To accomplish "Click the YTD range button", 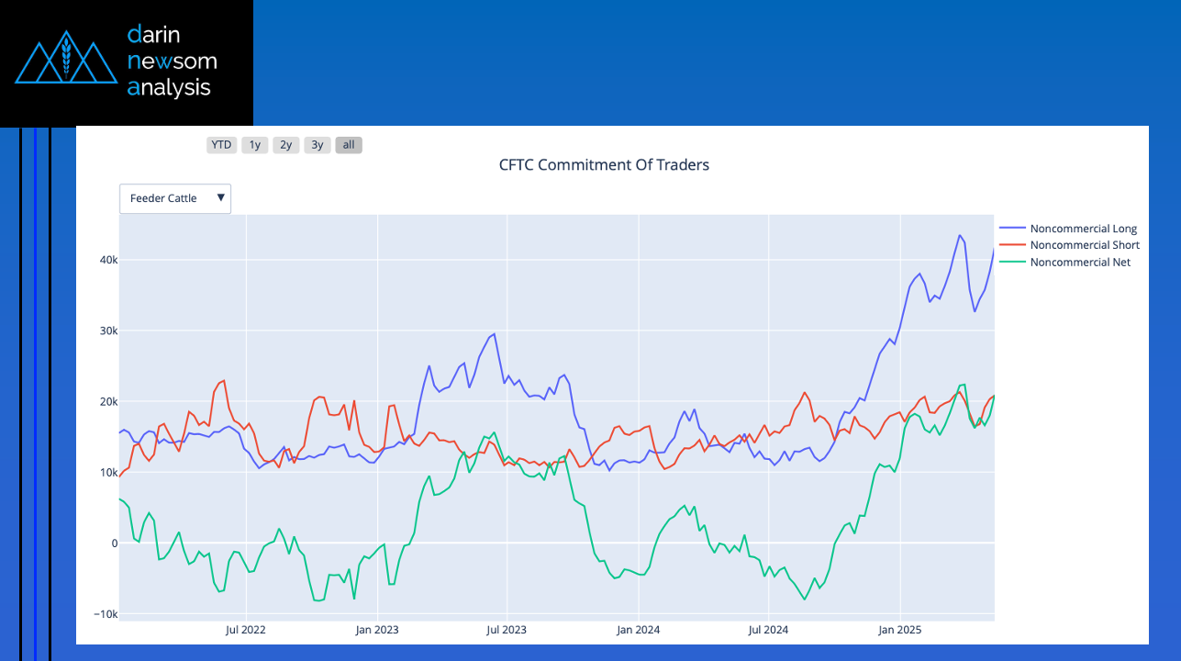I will click(x=221, y=144).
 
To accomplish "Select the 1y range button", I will click(x=255, y=144).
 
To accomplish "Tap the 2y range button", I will click(x=286, y=144).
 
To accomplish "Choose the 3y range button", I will click(x=318, y=144).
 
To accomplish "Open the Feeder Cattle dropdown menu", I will click(x=175, y=198).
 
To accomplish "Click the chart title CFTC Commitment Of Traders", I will click(x=604, y=165).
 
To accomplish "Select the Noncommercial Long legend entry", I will click(x=1083, y=229).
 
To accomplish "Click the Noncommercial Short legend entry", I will click(x=1084, y=245).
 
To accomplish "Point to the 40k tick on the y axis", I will click(x=108, y=260).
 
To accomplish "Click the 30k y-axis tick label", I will click(x=108, y=330).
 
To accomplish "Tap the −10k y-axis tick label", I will click(x=106, y=614).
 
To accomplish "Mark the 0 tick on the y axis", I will click(x=115, y=543).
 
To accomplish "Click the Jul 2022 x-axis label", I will click(x=246, y=630).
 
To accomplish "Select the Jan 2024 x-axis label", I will click(x=638, y=630).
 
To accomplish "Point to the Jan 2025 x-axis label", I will click(x=899, y=630).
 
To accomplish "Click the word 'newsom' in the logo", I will click(x=173, y=62).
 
